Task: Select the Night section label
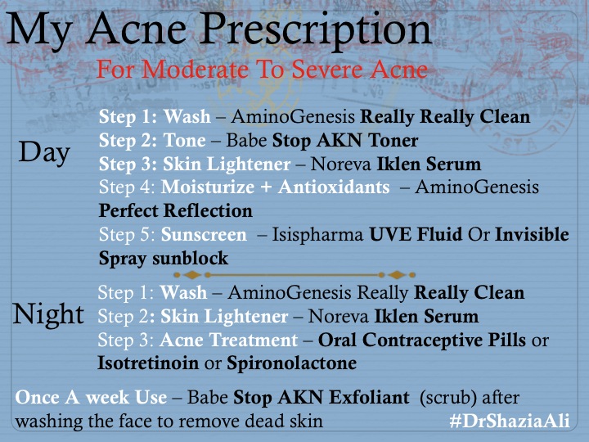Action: click(49, 313)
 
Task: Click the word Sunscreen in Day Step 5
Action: click(204, 235)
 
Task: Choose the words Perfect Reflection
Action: click(176, 211)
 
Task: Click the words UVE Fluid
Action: click(415, 235)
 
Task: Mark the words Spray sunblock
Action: click(164, 258)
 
